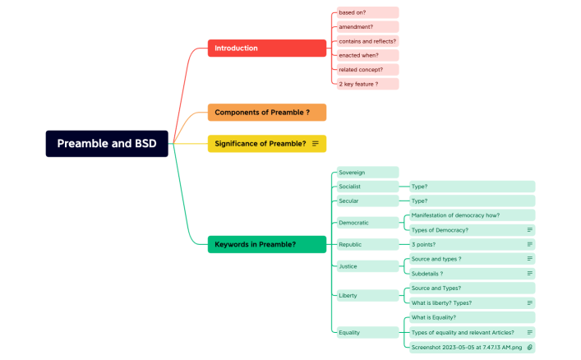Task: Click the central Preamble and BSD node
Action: click(x=107, y=143)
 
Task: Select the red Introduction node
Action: click(x=266, y=48)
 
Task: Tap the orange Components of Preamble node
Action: click(x=266, y=112)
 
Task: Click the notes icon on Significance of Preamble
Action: click(x=315, y=144)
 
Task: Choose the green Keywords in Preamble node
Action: click(x=266, y=244)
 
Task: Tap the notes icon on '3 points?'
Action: click(x=529, y=244)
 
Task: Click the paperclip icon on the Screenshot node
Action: click(x=529, y=347)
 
